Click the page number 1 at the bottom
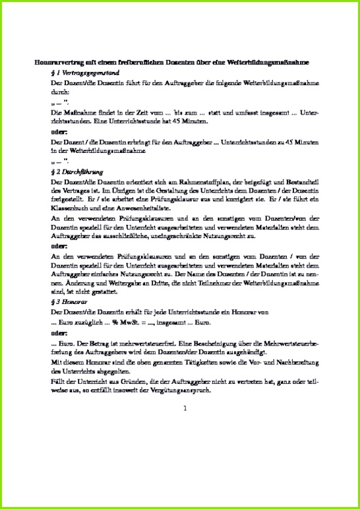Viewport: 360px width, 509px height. pyautogui.click(x=185, y=408)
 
